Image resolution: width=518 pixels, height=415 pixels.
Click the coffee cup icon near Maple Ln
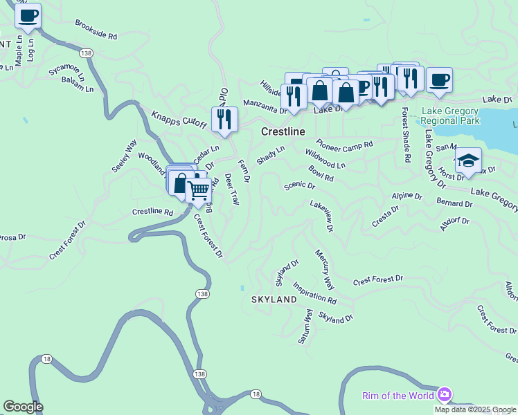28,16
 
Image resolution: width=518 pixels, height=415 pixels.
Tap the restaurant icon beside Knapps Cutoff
224,119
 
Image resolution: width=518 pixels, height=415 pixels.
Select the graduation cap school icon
468,160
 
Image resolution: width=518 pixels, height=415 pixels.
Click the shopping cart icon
198,190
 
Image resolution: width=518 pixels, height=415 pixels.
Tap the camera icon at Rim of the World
444,395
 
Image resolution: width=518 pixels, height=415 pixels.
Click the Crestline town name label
283,131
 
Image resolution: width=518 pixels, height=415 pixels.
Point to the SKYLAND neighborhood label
274,299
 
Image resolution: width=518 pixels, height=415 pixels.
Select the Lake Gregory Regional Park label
449,116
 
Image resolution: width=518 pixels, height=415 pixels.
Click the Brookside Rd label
96,29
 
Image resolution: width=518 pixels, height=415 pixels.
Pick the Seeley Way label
120,157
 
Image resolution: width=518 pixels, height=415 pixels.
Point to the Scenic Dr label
299,186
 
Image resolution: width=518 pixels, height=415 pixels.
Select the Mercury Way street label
324,270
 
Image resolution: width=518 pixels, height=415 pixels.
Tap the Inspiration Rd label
314,293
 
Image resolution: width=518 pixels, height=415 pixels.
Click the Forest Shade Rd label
406,136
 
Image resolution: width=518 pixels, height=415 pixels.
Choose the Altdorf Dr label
454,222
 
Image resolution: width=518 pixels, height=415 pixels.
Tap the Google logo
23,407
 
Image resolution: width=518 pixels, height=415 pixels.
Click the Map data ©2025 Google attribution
474,409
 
